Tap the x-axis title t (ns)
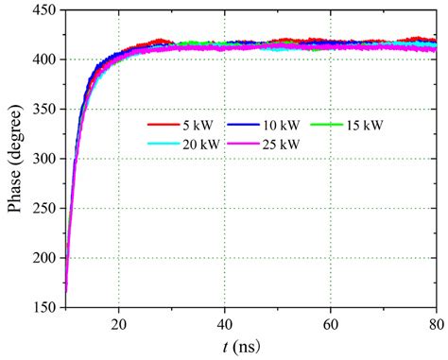(250, 345)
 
